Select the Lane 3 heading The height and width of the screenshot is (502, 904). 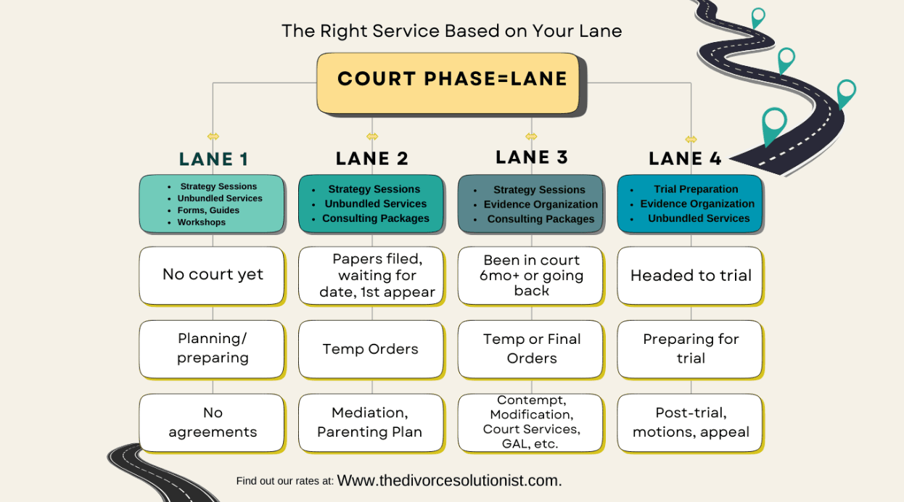point(531,157)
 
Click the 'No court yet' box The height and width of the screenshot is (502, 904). point(212,275)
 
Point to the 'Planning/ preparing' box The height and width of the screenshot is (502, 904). point(212,348)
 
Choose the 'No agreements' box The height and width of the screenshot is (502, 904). point(212,422)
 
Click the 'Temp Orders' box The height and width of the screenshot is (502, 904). point(371,349)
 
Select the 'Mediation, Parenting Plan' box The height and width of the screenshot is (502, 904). point(371,422)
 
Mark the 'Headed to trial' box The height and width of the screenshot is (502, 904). point(690,276)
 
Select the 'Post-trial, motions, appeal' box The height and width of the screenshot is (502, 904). point(690,422)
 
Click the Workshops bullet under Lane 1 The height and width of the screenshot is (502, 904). point(201,222)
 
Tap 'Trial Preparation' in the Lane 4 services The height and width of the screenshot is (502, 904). point(695,189)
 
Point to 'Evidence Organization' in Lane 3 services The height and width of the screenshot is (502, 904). point(541,205)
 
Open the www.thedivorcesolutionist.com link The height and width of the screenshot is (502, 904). point(449,480)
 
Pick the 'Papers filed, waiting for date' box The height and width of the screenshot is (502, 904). point(371,275)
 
